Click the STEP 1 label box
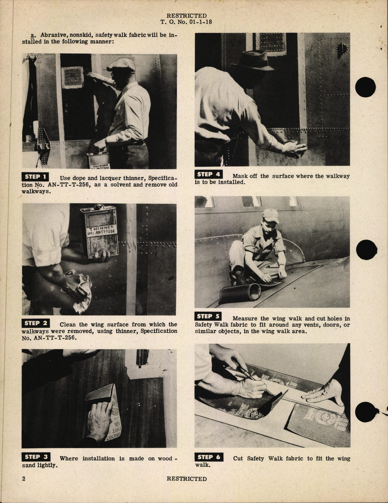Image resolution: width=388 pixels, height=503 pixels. click(x=36, y=177)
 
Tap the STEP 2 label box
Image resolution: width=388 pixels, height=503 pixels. click(x=36, y=323)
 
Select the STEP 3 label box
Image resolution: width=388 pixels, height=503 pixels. click(x=36, y=457)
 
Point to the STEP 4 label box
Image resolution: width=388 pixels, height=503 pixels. click(x=208, y=174)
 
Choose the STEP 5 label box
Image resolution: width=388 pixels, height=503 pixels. click(x=208, y=316)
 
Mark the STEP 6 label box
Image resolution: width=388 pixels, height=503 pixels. click(x=208, y=457)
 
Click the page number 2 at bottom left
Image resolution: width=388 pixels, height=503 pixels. click(x=24, y=479)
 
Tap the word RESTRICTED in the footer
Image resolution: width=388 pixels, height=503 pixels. click(x=187, y=479)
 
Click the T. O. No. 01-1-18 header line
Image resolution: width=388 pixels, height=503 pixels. click(x=186, y=22)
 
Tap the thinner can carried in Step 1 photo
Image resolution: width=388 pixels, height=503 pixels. click(x=99, y=161)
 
